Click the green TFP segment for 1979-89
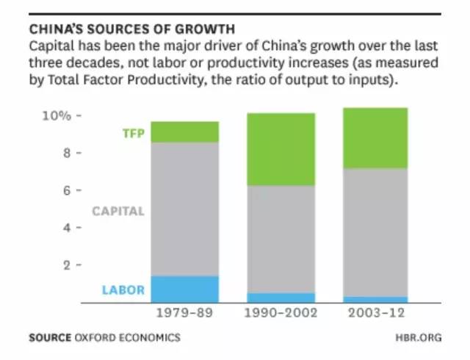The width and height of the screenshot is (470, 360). tap(185, 132)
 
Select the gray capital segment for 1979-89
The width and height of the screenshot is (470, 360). tap(185, 209)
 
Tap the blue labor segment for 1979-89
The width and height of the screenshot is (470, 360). tap(185, 289)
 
